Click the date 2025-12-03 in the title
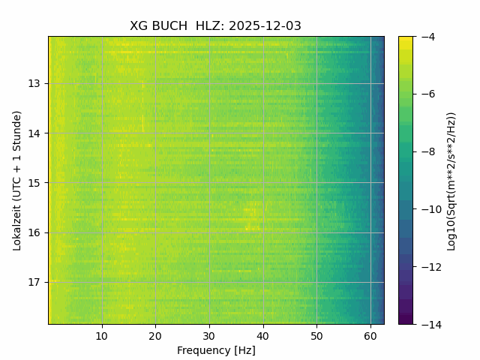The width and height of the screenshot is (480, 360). (265, 26)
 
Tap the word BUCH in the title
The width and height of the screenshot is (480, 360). (169, 26)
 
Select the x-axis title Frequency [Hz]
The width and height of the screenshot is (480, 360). (216, 350)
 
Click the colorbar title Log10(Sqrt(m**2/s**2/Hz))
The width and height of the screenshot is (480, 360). (451, 180)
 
